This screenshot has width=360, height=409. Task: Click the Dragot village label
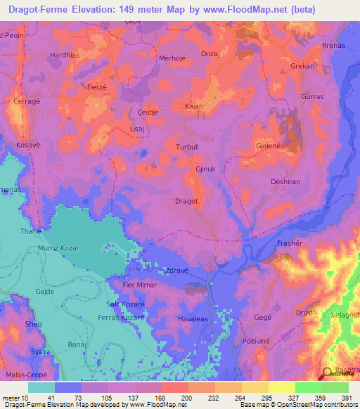point(186,201)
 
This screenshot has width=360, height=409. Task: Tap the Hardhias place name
point(65,54)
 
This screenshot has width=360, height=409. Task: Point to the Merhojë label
point(174,58)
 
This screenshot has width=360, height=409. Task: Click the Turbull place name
point(188,147)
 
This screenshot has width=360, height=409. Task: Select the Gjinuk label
point(205,169)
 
